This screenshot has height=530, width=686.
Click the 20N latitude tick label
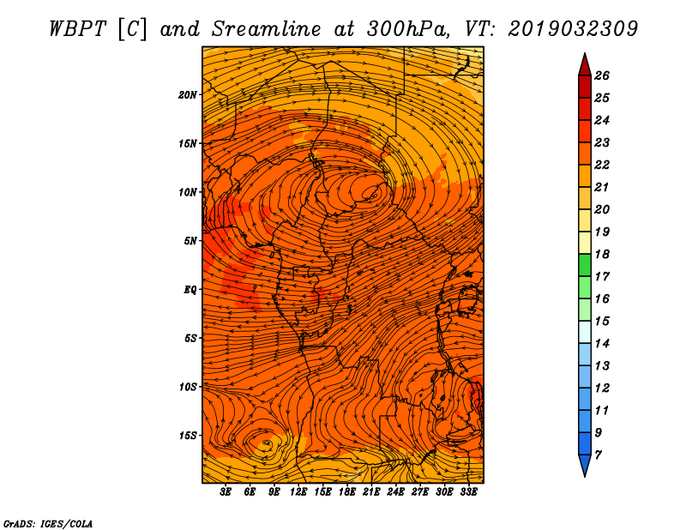click(188, 95)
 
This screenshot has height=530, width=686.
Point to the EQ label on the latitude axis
click(190, 290)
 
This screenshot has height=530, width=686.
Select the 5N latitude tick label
click(190, 241)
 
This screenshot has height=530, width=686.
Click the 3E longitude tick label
click(226, 491)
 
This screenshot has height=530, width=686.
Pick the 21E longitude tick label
click(371, 491)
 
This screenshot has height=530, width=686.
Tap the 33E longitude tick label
click(468, 491)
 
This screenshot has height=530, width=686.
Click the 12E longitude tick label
click(298, 491)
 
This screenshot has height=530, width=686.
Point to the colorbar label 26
click(602, 75)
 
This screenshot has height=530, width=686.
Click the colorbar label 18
click(602, 254)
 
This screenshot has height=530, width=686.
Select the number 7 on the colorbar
click(599, 455)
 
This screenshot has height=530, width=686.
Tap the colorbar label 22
click(602, 165)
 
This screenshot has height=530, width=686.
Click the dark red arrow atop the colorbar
click(585, 66)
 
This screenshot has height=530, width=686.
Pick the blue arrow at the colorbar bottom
click(585, 464)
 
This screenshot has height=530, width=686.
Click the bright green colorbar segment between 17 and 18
click(585, 265)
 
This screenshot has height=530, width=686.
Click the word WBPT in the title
click(77, 29)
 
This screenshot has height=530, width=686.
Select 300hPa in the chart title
click(407, 29)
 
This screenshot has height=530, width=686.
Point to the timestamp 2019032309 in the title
click(573, 29)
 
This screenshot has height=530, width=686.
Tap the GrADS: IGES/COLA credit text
click(48, 524)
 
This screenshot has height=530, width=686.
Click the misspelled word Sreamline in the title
click(267, 29)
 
